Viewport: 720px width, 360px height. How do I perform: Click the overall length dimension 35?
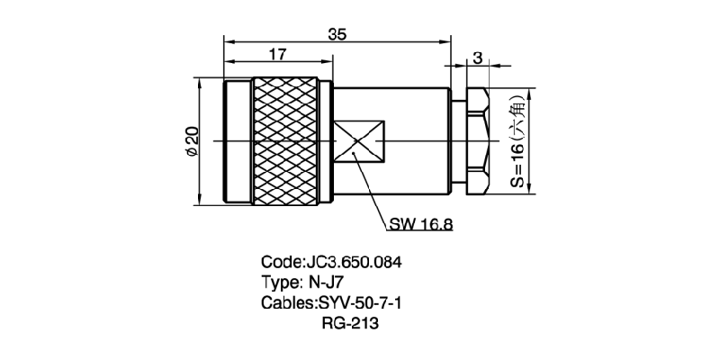click(x=337, y=34)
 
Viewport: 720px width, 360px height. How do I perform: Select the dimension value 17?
click(x=278, y=55)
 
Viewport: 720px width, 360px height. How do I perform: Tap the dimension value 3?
click(x=478, y=58)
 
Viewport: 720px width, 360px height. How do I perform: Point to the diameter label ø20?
click(x=191, y=142)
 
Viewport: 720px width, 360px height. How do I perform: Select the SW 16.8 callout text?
click(x=421, y=224)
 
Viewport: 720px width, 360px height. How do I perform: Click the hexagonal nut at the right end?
click(x=478, y=141)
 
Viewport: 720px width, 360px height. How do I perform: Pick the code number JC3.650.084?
click(x=354, y=263)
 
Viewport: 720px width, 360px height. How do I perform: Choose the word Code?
click(x=279, y=263)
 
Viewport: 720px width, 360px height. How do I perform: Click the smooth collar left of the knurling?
click(x=237, y=141)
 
